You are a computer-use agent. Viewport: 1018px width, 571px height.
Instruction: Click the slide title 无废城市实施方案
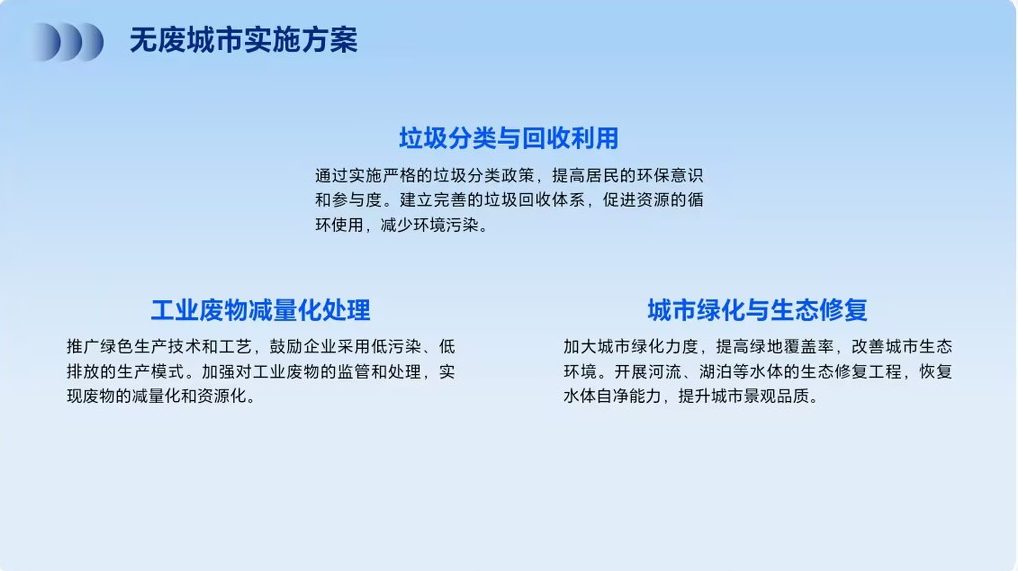243,40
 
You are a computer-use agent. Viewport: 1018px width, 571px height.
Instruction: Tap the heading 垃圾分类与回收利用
508,138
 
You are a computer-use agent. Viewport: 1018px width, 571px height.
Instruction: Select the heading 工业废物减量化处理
260,311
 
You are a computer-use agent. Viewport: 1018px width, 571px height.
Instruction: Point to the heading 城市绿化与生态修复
757,311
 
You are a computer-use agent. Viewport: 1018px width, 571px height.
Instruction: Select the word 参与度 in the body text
357,200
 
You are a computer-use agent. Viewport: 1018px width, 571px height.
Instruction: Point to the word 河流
665,372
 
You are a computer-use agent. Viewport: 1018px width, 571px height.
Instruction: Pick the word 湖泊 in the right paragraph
715,372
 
